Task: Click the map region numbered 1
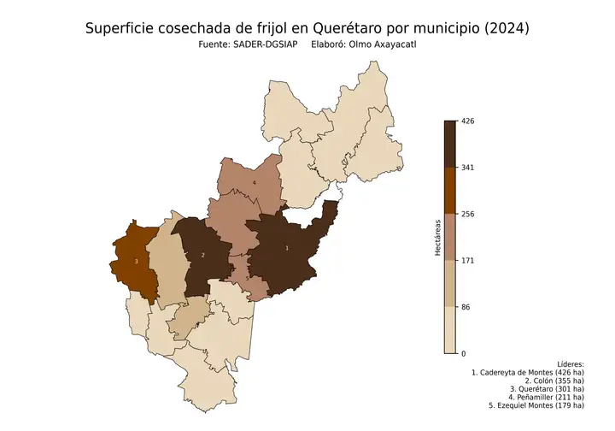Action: click(x=287, y=248)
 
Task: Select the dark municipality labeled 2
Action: click(x=202, y=255)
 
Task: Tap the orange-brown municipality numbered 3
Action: click(x=137, y=261)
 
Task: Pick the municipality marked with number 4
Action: click(x=255, y=182)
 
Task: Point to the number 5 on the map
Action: click(x=248, y=279)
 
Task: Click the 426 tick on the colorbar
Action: click(x=468, y=121)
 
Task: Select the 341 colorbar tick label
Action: click(x=468, y=168)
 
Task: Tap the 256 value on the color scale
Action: click(x=468, y=214)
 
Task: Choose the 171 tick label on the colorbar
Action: click(x=468, y=260)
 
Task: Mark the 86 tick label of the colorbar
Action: click(x=466, y=307)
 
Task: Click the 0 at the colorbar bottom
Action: click(x=464, y=353)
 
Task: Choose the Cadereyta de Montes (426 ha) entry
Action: click(x=528, y=374)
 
